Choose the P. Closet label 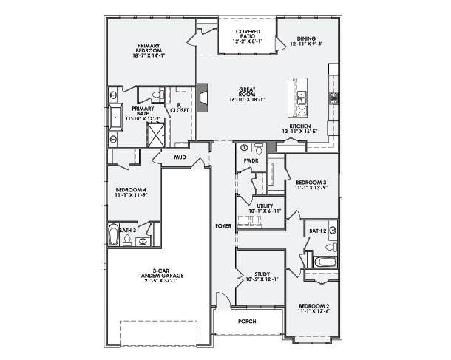179,108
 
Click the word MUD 180,157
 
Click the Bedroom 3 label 311,184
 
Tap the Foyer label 223,225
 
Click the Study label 262,276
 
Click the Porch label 247,322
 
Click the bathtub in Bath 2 325,261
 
